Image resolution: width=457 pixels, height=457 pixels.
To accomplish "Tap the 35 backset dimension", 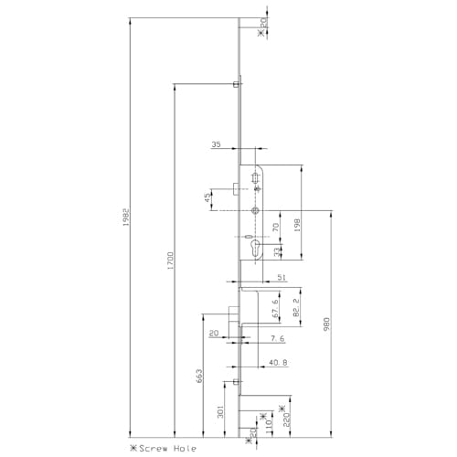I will [x=217, y=145].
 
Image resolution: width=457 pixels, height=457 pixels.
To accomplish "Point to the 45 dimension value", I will [x=208, y=197].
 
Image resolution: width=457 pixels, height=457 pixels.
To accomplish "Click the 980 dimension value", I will [x=326, y=324].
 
